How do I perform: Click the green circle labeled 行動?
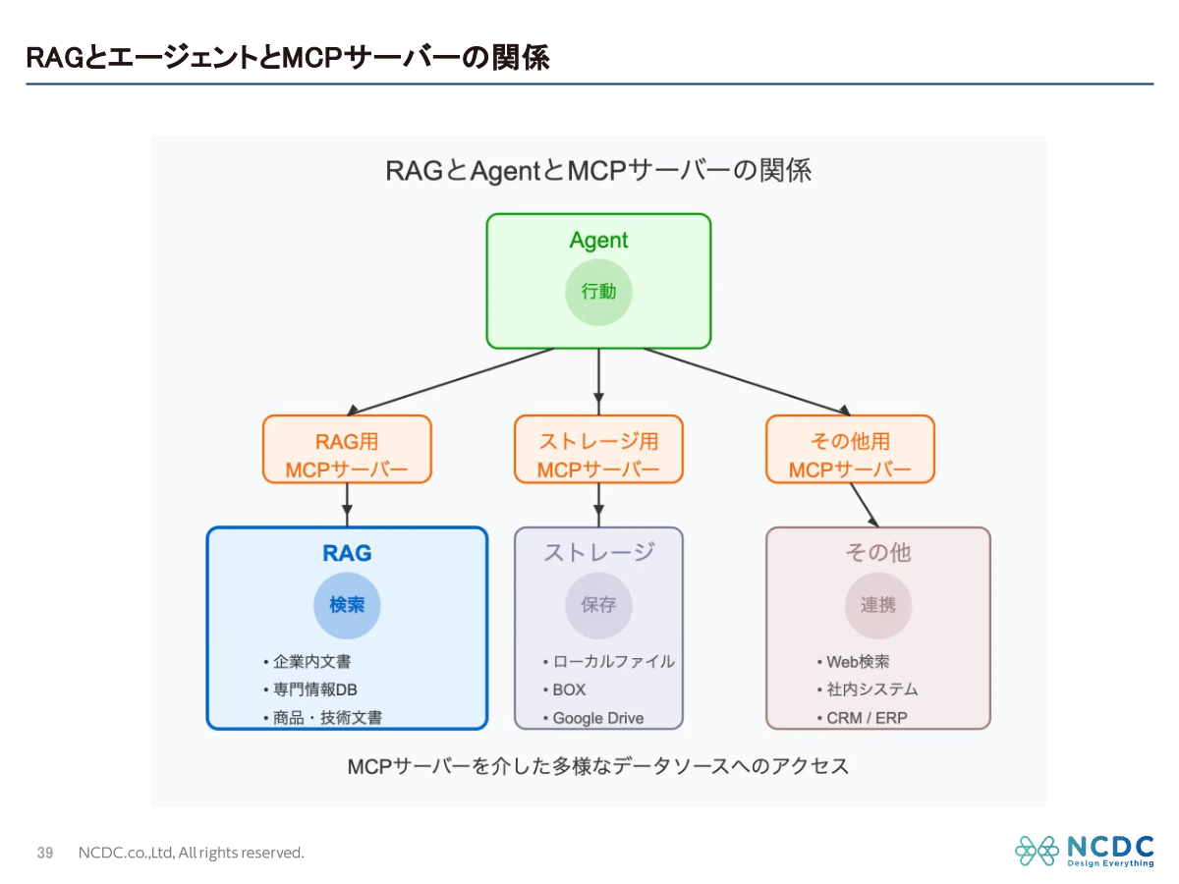coord(598,292)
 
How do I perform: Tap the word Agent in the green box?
coord(598,241)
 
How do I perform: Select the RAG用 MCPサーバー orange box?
coord(347,449)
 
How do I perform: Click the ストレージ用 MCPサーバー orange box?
coord(598,449)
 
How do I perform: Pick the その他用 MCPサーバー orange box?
coord(850,449)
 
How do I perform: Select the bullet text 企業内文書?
coord(311,662)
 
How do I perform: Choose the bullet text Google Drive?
coord(597,718)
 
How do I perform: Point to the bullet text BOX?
coord(569,690)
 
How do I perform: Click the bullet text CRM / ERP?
coord(867,718)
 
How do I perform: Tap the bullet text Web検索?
coord(858,662)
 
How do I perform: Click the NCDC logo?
coord(1085,851)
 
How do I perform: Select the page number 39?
coord(45,853)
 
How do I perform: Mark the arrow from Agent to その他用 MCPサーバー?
coord(747,381)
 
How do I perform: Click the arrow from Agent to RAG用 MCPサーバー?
coord(452,381)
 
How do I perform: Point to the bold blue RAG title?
coord(347,553)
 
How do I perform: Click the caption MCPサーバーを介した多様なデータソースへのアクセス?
coord(598,766)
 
